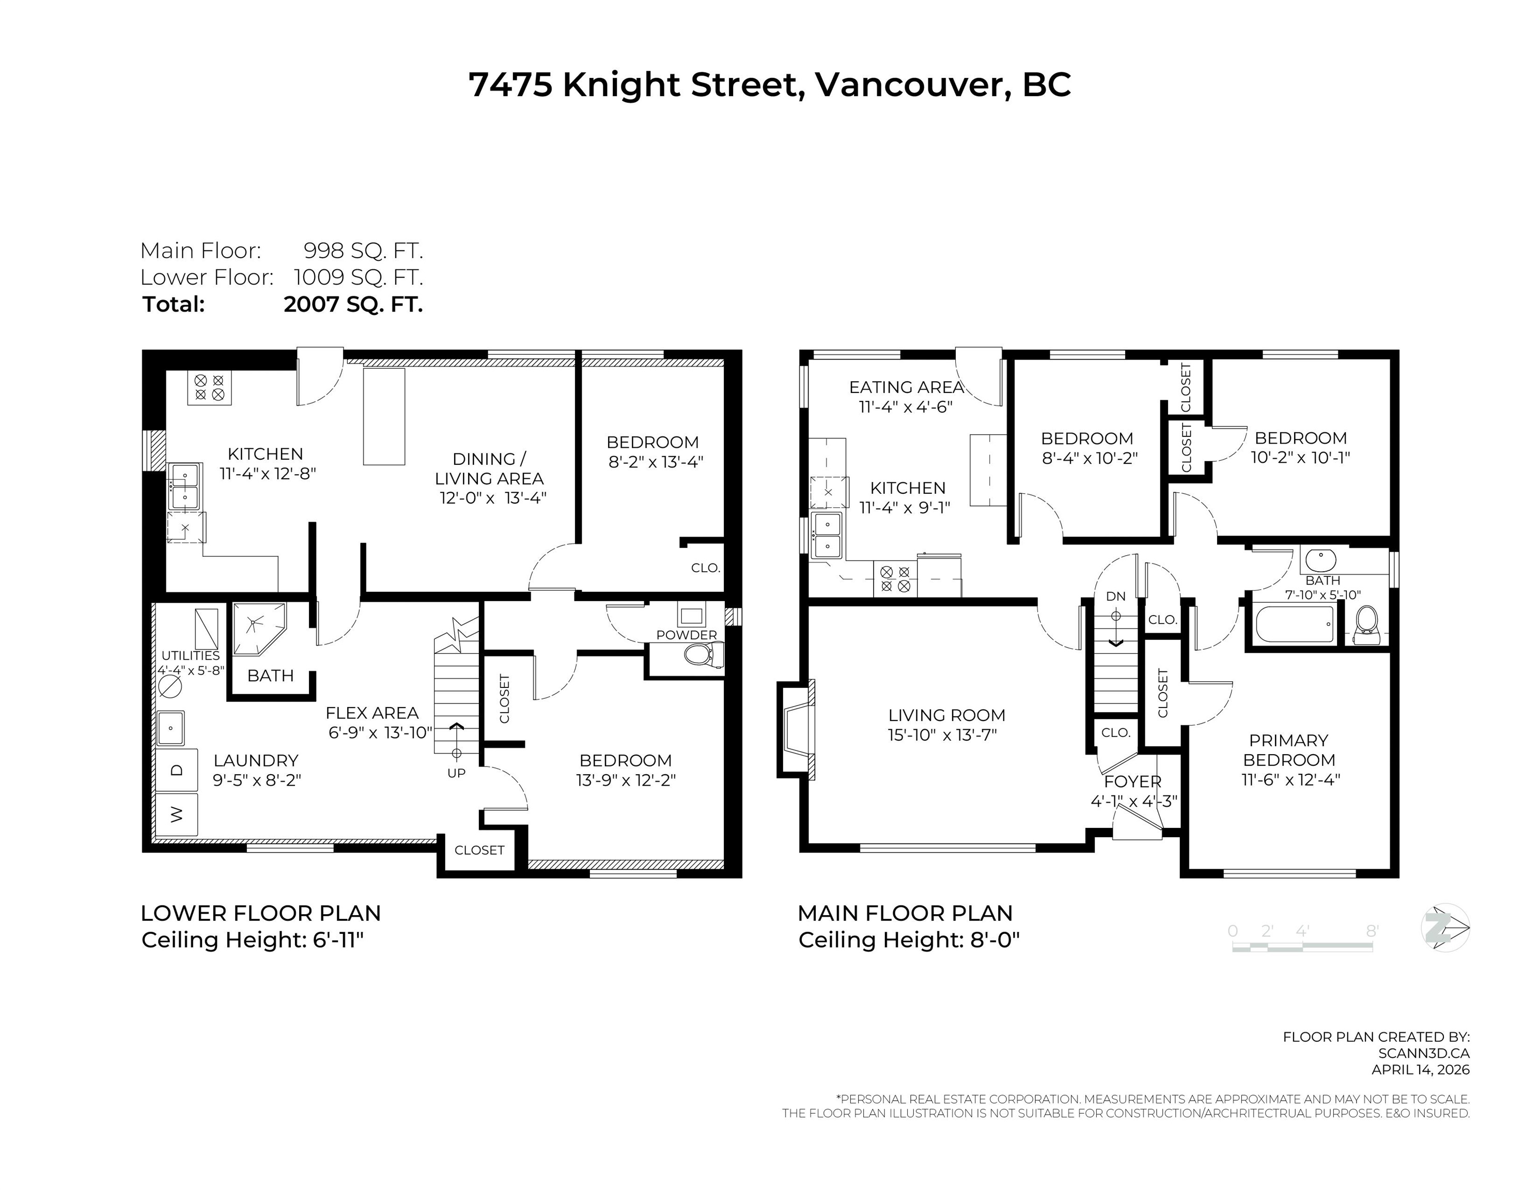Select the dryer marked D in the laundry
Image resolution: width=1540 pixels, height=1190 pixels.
176,770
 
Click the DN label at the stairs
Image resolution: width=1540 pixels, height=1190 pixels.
1115,597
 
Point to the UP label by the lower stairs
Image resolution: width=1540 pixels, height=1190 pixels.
456,773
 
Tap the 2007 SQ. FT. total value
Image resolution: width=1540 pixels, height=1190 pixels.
353,305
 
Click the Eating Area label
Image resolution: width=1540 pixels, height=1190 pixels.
906,387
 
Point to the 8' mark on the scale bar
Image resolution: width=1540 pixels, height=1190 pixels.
1372,931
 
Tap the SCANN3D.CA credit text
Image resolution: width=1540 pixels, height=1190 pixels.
1424,1053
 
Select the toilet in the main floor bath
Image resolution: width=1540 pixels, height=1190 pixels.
1367,624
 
